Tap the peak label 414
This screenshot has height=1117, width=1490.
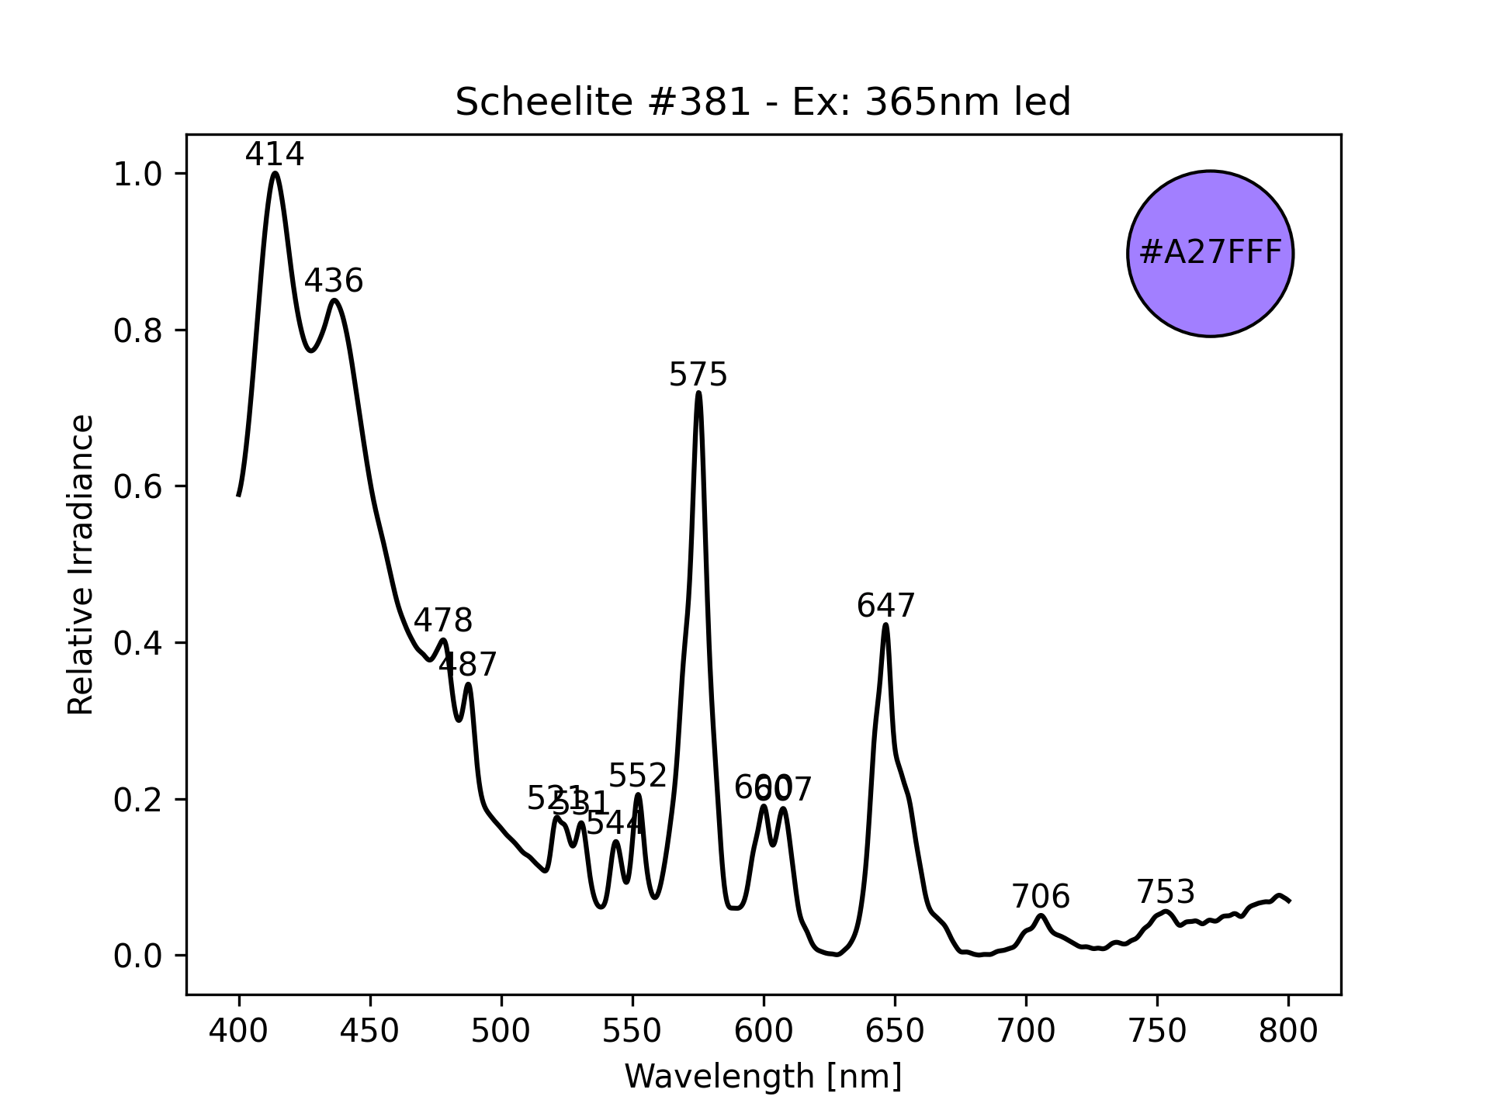pyautogui.click(x=275, y=154)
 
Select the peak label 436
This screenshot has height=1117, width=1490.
pyautogui.click(x=334, y=281)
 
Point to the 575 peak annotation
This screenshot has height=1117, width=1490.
pyautogui.click(x=698, y=375)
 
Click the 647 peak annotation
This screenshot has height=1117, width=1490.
pyautogui.click(x=886, y=606)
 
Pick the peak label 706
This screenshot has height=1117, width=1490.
pyautogui.click(x=1041, y=897)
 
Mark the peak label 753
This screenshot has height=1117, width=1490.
pyautogui.click(x=1166, y=892)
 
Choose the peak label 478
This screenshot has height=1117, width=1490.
pyautogui.click(x=442, y=621)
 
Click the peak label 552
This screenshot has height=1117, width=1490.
pyautogui.click(x=638, y=776)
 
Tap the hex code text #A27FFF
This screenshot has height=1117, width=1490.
pyautogui.click(x=1210, y=253)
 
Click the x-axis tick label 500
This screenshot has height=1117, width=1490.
pyautogui.click(x=501, y=1032)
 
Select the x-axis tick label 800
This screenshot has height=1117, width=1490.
pyautogui.click(x=1288, y=1032)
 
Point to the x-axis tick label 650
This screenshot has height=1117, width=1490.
pyautogui.click(x=895, y=1032)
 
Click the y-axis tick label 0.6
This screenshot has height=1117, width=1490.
pyautogui.click(x=137, y=487)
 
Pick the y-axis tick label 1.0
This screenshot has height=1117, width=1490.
pyautogui.click(x=137, y=175)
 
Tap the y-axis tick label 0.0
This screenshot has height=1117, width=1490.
pyautogui.click(x=137, y=956)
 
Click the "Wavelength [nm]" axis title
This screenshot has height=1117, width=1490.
pyautogui.click(x=763, y=1077)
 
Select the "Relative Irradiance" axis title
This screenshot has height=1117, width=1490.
pyautogui.click(x=81, y=564)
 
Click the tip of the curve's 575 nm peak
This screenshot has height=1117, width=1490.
pyautogui.click(x=699, y=393)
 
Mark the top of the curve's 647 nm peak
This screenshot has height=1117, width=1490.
pyautogui.click(x=885, y=625)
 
